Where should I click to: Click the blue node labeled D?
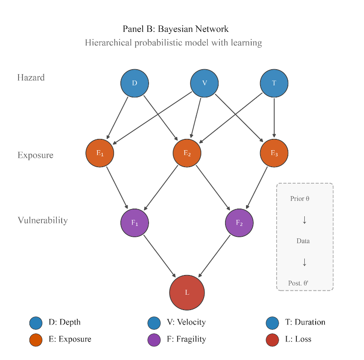(134, 83)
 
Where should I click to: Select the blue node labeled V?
(205, 83)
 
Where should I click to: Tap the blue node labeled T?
(274, 83)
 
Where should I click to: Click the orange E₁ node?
(100, 153)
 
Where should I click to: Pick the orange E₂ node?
(187, 153)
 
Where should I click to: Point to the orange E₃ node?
(274, 153)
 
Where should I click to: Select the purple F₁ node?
(134, 223)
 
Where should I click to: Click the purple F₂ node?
(239, 223)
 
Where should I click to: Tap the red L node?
(187, 293)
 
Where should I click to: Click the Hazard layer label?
(31, 77)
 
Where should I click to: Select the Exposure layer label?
(35, 155)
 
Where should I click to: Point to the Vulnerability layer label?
(43, 220)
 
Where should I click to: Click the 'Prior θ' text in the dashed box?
(300, 199)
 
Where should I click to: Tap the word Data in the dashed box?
(303, 241)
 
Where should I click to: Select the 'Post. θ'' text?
(298, 283)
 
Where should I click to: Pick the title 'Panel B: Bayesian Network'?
(176, 29)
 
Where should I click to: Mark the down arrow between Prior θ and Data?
(304, 220)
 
